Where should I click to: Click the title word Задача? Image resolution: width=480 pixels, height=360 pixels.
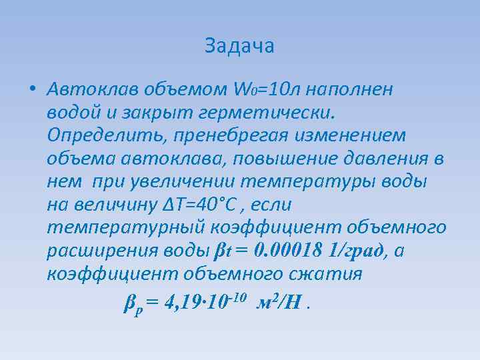(x=240, y=46)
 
